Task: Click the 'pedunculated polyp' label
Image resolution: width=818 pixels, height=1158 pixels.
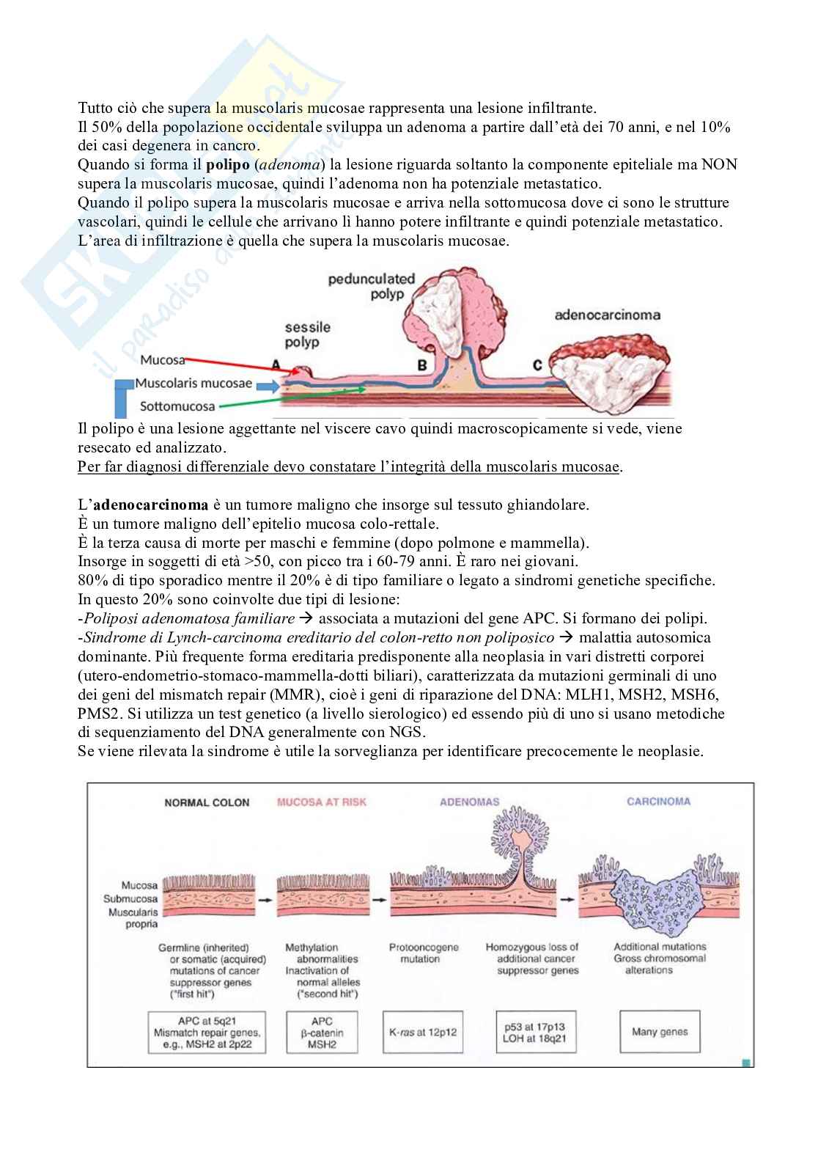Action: click(371, 286)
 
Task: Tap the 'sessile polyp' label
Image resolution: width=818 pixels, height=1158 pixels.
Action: click(307, 335)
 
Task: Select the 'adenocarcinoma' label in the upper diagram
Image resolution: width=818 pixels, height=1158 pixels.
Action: click(608, 315)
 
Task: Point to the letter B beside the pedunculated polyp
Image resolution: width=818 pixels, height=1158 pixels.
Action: click(422, 364)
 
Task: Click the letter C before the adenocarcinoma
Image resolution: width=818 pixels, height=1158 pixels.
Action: click(537, 364)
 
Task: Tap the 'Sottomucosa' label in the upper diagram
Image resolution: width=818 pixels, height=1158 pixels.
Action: click(178, 406)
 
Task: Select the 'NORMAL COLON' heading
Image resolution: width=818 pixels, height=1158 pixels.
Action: click(207, 802)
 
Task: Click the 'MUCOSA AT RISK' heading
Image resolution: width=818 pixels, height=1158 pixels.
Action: click(321, 802)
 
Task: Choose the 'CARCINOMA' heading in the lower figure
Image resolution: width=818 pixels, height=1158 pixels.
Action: click(658, 802)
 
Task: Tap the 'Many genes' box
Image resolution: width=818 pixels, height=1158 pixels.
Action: click(660, 1032)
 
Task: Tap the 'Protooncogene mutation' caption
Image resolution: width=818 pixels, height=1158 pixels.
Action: click(423, 953)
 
